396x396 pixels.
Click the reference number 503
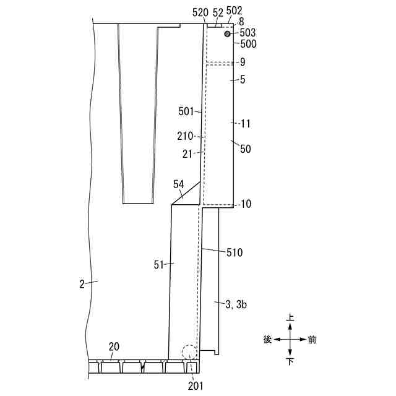pos(247,33)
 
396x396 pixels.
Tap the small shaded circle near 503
pos(228,33)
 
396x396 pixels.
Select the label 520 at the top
pos(200,12)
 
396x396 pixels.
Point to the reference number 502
pos(234,11)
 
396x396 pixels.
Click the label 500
pos(248,44)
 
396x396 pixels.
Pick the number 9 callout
pos(243,62)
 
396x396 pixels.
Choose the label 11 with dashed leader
pos(246,124)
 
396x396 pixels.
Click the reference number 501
pos(186,111)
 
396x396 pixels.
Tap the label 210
pos(185,136)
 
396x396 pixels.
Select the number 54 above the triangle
pos(179,184)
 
